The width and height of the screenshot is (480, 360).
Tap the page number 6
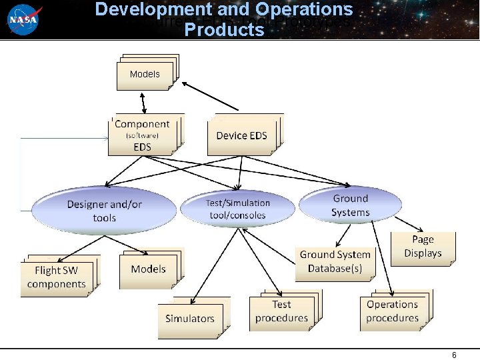pos(454,355)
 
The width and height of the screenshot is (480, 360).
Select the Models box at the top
pos(145,74)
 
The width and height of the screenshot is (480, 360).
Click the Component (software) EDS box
pos(143,135)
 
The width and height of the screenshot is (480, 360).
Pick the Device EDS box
pos(241,135)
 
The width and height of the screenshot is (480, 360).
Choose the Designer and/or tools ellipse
pos(105,211)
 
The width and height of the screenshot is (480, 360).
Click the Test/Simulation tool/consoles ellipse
pos(238,209)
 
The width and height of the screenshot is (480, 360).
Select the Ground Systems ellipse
pos(350,205)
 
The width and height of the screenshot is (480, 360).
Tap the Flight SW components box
pos(57,277)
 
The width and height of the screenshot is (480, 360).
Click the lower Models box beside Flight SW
pos(148,269)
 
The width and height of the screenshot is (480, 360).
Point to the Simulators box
pos(190,319)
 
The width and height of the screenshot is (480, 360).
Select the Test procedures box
pos(281,311)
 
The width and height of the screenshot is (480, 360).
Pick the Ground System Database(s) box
pos(335,261)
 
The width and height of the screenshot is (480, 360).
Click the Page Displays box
pos(423,247)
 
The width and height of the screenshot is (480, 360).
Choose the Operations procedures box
pos(392,311)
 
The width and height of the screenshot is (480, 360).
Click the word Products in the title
pos(224,30)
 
